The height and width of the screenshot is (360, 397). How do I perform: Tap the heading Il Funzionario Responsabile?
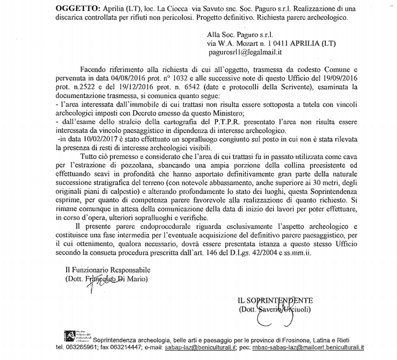[x=108, y=270]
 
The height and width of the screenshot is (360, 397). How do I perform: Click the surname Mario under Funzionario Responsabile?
[x=138, y=278]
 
